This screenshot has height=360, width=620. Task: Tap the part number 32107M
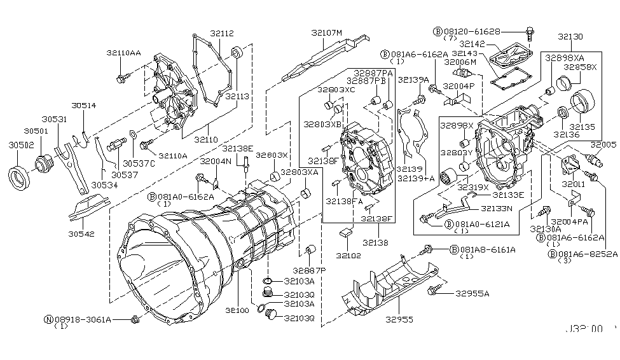click(327, 32)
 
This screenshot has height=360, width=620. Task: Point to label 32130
click(571, 37)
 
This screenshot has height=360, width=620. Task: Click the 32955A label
click(472, 294)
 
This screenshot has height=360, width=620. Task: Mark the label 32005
click(604, 144)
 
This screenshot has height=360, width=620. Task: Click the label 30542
click(82, 234)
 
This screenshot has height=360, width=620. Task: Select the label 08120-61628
click(472, 31)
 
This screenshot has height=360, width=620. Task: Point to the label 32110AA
click(124, 54)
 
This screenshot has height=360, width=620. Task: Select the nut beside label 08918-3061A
click(134, 319)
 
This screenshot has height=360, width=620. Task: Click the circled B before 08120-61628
click(438, 31)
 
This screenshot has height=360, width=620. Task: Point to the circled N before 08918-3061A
click(48, 319)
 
